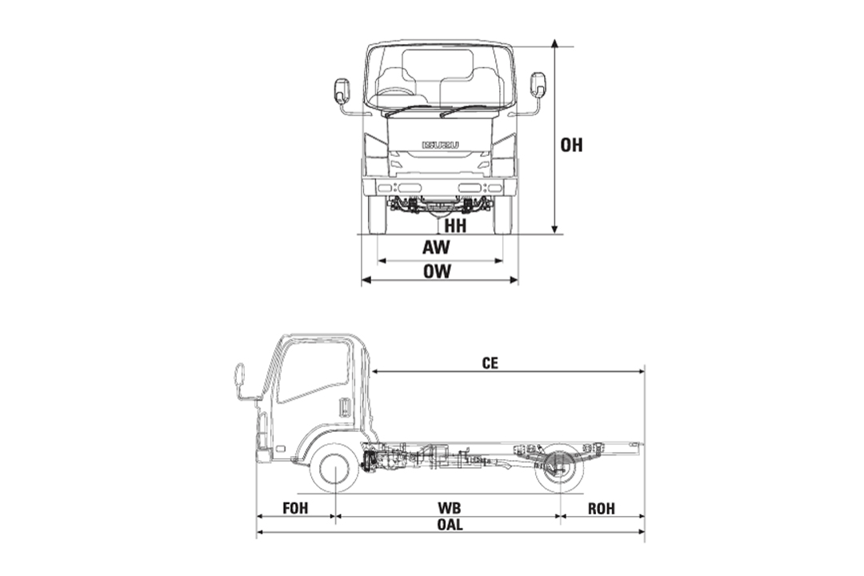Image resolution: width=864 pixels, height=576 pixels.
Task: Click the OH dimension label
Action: (571, 146)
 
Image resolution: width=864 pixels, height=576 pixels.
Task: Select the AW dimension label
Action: (437, 248)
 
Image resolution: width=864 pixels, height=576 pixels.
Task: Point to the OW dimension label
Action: (438, 271)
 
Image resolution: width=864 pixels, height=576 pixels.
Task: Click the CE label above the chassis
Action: (490, 362)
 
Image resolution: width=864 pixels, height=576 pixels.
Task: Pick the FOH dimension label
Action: (295, 508)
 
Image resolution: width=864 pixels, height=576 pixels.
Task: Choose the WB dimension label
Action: (450, 508)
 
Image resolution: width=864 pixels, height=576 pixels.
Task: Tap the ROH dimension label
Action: (602, 508)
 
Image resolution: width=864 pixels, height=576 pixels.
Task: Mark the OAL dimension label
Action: (450, 526)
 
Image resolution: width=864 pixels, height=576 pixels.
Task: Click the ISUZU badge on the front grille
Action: (440, 144)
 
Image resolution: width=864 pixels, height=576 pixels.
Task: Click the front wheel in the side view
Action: (334, 470)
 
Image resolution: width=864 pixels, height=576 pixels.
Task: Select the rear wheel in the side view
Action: (559, 470)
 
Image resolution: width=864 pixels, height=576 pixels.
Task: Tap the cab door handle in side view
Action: (345, 407)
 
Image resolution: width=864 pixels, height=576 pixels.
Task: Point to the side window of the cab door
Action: (314, 370)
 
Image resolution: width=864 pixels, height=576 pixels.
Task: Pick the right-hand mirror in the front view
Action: (538, 85)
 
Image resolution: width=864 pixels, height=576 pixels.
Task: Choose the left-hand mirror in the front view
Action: (342, 91)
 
